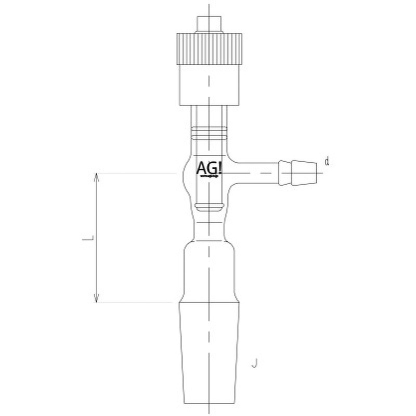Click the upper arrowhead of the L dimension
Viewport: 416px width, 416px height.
pos(96,177)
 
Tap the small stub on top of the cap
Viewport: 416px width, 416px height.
pos(208,24)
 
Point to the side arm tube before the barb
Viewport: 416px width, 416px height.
pos(255,172)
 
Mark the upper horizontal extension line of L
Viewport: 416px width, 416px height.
pos(135,173)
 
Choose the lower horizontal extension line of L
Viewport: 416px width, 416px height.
pos(135,302)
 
